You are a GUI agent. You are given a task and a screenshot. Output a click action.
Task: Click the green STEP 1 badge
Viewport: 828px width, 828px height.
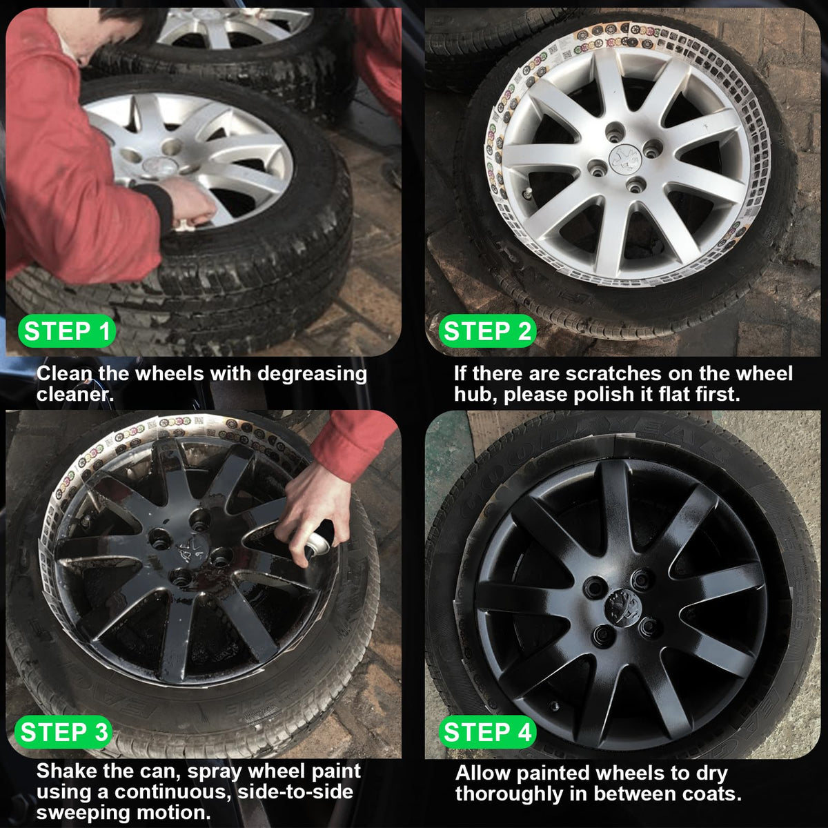pyautogui.click(x=67, y=331)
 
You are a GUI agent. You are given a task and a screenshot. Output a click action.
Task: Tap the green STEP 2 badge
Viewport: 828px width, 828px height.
pyautogui.click(x=487, y=331)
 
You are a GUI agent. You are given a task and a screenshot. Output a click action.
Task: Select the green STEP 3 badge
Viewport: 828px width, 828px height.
pyautogui.click(x=63, y=732)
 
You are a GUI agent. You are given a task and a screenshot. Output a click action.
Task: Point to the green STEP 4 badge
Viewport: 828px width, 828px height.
pyautogui.click(x=487, y=732)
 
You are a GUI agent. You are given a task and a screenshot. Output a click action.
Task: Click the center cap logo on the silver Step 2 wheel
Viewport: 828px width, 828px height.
pyautogui.click(x=624, y=159)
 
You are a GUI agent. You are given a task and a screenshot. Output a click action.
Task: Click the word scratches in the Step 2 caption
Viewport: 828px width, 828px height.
pyautogui.click(x=613, y=373)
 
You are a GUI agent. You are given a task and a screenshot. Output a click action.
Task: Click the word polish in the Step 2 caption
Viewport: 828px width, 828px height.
pyautogui.click(x=605, y=395)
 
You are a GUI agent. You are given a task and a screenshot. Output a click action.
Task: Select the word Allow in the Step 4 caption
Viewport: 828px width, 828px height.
pyautogui.click(x=483, y=773)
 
